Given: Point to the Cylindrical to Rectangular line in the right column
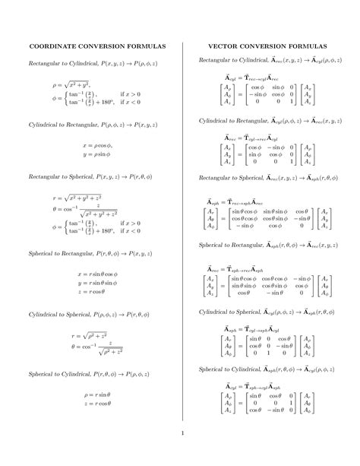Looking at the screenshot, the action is click(270, 120).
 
